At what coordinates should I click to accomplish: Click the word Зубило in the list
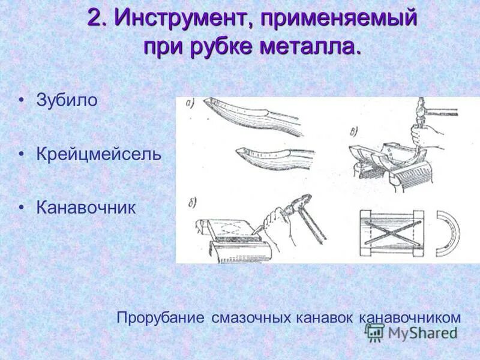[x=66, y=100]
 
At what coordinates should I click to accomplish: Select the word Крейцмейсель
[x=99, y=154]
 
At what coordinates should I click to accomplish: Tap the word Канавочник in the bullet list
[x=86, y=208]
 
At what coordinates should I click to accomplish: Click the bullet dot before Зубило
[x=22, y=100]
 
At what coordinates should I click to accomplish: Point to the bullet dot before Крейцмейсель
[x=22, y=154]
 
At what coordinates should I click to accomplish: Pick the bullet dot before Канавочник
[x=22, y=208]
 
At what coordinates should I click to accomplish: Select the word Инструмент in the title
[x=177, y=18]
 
